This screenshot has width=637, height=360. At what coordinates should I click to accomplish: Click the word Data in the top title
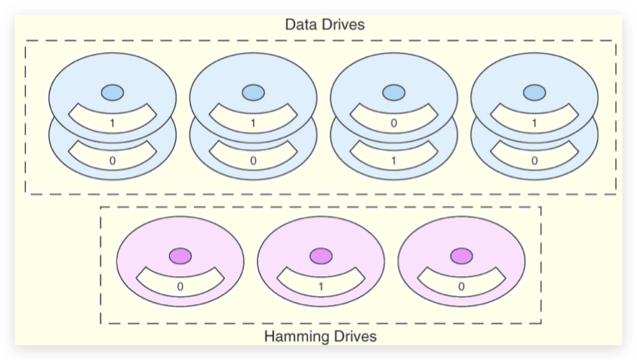point(299,25)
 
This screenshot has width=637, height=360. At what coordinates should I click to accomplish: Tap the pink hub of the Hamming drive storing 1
point(320,256)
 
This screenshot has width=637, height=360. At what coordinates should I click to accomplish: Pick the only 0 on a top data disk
point(394,123)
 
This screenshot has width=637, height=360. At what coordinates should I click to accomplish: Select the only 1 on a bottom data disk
point(394,159)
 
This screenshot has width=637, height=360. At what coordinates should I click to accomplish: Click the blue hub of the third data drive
point(394,93)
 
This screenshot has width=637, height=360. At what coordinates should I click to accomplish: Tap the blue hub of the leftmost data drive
point(112,93)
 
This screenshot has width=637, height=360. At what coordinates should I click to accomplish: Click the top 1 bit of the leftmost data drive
point(112,123)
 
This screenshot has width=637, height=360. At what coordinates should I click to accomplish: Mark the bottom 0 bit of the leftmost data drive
point(112,159)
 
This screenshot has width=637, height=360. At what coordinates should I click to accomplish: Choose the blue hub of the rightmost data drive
point(534,93)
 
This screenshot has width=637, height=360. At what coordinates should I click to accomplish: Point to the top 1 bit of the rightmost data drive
point(534,123)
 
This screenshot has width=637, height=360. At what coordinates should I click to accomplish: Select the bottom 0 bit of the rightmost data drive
point(534,159)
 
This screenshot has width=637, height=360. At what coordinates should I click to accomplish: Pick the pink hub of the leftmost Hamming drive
point(180,256)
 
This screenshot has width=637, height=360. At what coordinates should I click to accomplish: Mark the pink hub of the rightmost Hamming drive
point(461,256)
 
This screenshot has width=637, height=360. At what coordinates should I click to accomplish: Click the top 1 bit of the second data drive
point(253,123)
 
